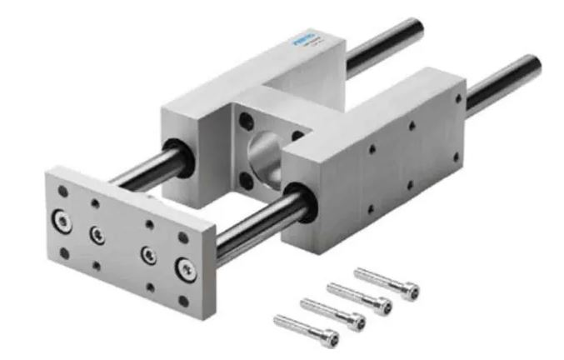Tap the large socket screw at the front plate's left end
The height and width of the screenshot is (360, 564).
point(61,221)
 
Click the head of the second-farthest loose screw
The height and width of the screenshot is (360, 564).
point(382,307)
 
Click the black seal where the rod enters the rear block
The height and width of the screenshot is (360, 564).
point(179,156)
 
